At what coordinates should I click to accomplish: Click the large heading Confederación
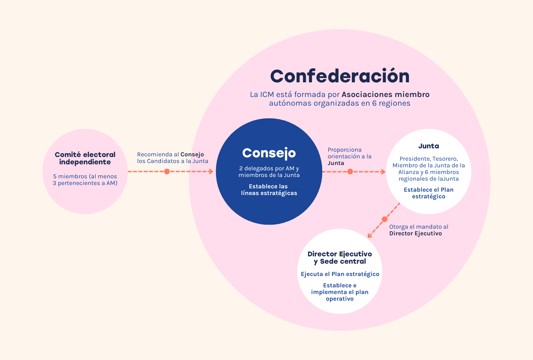pos(340,76)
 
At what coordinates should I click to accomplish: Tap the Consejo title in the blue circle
pos(269,153)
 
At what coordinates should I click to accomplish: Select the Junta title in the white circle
pos(428,146)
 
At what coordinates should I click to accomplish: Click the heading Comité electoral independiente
pos(85,158)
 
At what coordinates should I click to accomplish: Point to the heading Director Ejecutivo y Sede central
pos(339,258)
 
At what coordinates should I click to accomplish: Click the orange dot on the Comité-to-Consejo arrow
pos(167,171)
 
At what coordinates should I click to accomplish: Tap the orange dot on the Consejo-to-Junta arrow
pos(350,171)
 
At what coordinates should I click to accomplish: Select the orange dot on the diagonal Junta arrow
pos(384,219)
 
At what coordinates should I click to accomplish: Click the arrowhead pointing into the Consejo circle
pos(211,171)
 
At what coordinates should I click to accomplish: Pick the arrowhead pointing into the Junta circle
pos(383,172)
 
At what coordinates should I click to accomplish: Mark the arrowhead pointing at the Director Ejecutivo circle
pos(369,236)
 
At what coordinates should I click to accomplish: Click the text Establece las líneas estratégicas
pos(269,190)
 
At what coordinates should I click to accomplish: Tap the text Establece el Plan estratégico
pos(428,193)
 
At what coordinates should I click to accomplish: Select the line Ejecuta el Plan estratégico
pos(340,274)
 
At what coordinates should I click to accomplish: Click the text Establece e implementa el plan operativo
pos(339,292)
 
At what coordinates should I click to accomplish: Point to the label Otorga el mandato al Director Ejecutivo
pos(418,230)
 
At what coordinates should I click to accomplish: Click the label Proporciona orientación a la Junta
pos(349,156)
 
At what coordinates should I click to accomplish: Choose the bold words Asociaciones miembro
pos(385,94)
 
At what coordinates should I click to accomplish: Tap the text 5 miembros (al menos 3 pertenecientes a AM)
pos(85,180)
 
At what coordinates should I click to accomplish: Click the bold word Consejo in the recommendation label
pos(192,154)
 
